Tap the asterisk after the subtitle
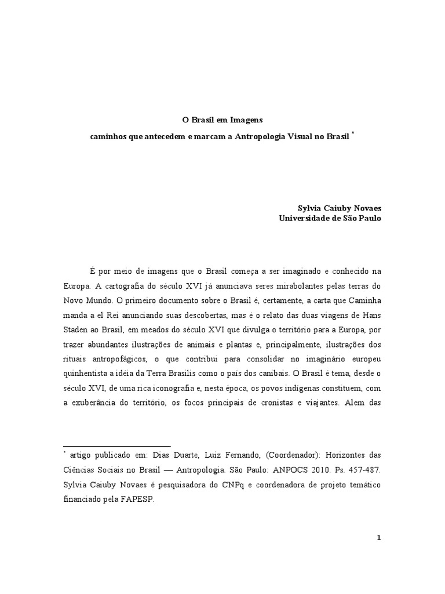tap(353, 133)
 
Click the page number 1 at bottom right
tap(379, 538)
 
